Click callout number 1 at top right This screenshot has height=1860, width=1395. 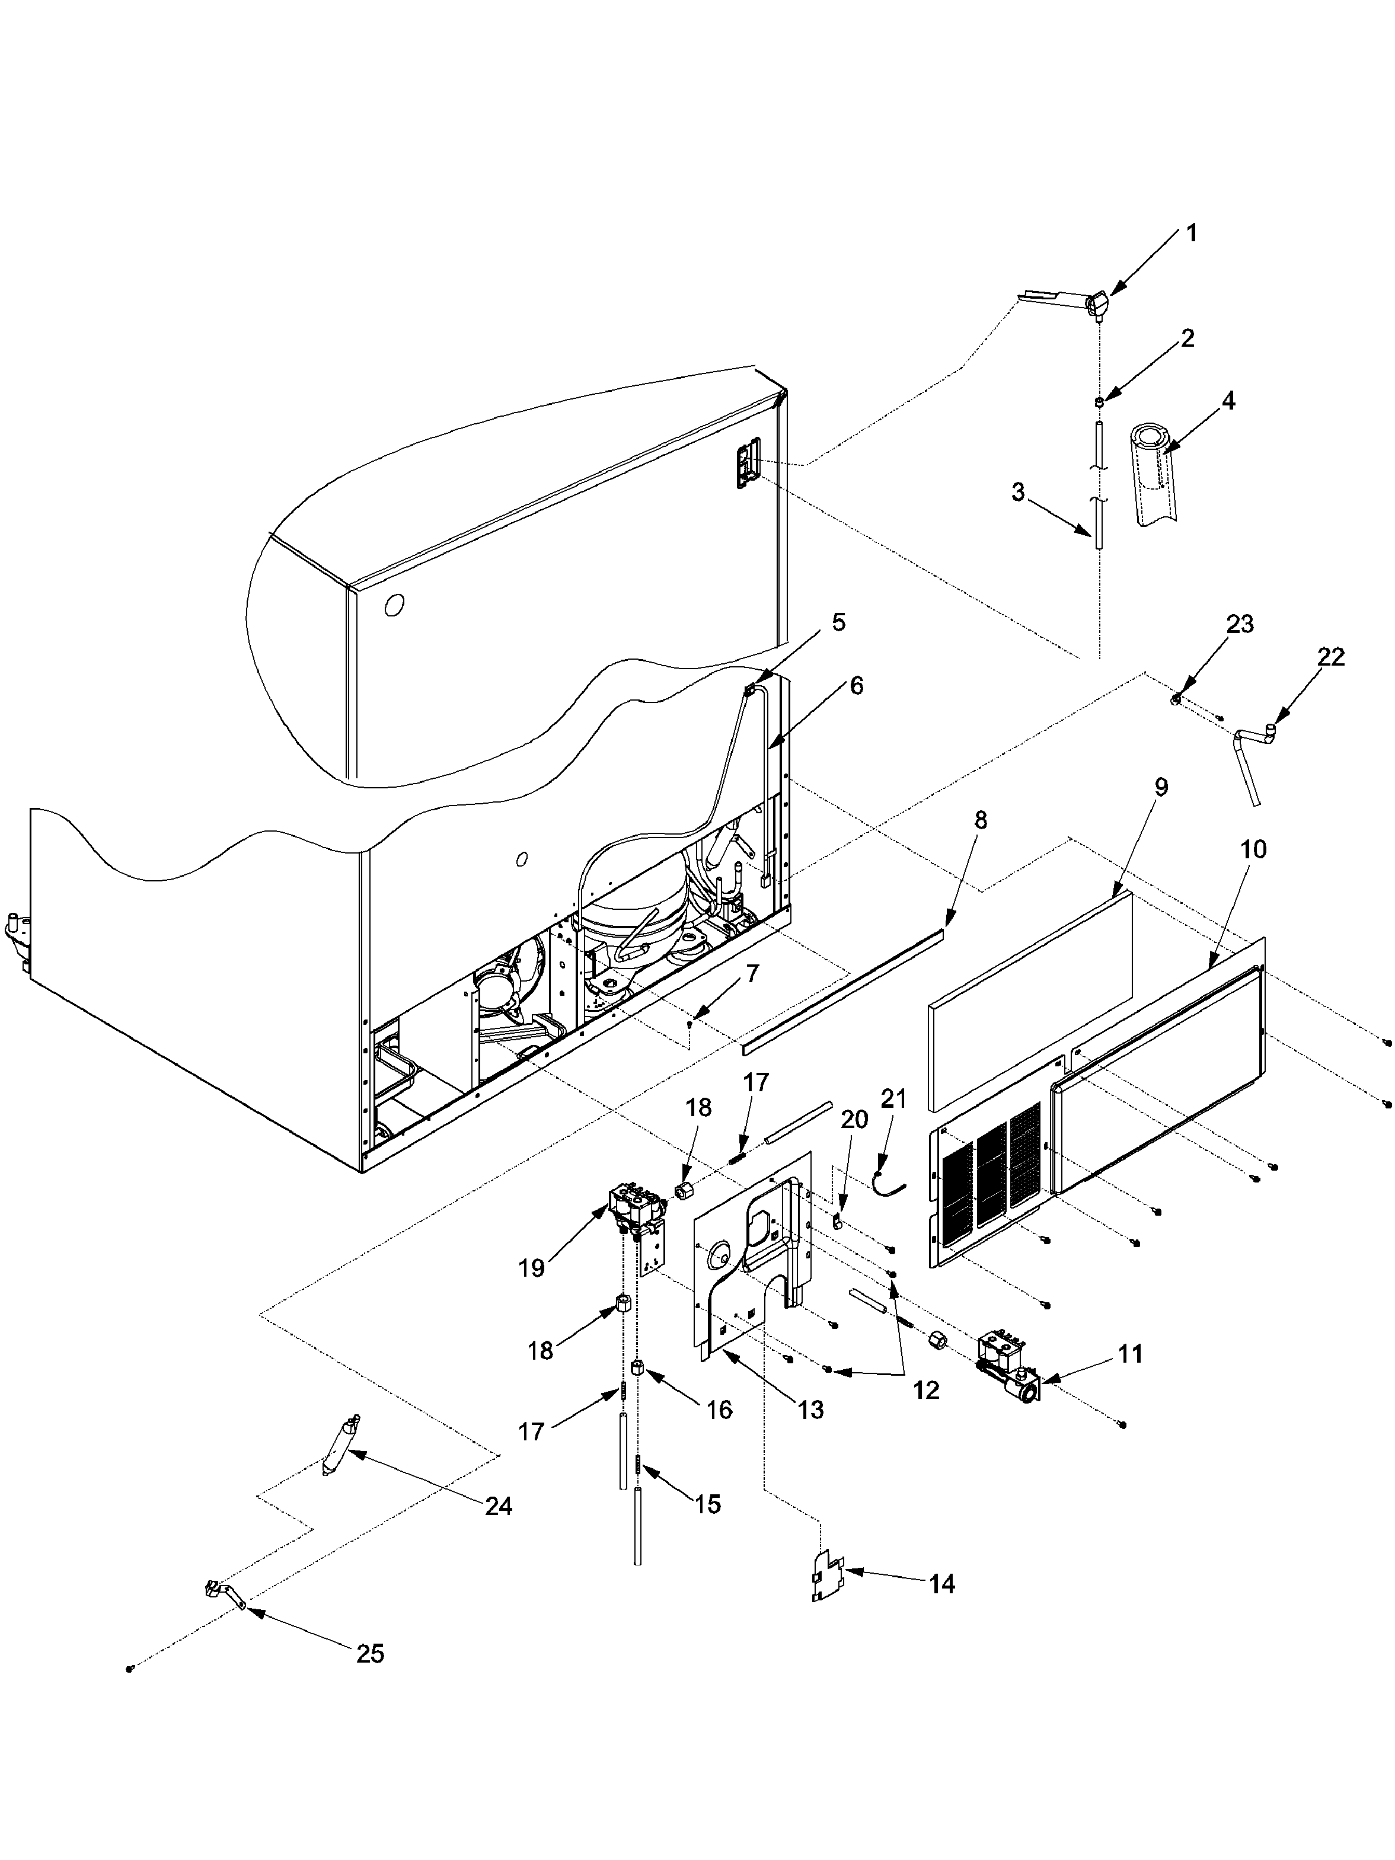[1190, 233]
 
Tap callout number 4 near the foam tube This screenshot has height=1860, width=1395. [1228, 401]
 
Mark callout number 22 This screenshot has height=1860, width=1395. [1330, 657]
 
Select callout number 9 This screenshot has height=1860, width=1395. [1160, 788]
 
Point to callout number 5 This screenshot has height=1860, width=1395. [838, 623]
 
